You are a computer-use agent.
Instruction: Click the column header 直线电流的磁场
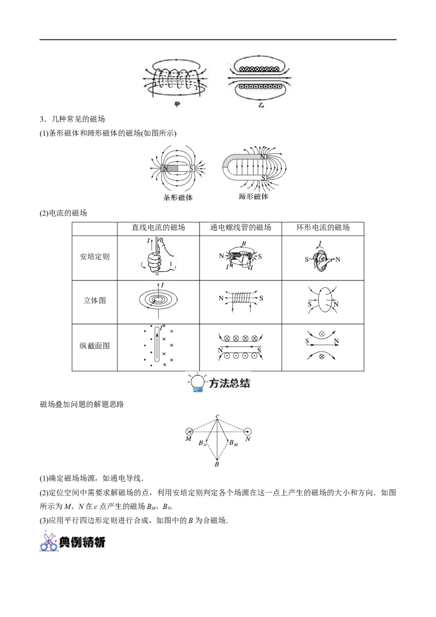pos(158,227)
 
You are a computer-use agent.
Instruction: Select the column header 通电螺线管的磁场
pos(240,227)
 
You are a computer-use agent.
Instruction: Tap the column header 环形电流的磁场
pos(323,227)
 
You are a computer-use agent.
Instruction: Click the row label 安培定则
pos(94,257)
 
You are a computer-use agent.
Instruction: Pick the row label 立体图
pos(94,301)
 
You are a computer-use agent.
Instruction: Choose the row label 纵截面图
pos(94,346)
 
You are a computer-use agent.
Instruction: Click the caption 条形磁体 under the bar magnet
pos(178,197)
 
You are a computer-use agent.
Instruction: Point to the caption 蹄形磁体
pos(254,196)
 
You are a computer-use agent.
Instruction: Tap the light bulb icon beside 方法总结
pos(197,383)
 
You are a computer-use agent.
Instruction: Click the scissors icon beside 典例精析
pos(49,541)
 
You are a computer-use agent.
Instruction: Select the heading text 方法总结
pos(229,383)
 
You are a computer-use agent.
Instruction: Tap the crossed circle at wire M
pos(189,432)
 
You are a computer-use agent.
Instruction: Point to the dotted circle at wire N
pos(247,432)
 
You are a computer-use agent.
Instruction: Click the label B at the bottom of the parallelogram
pos(217,465)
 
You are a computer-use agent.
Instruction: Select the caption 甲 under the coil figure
pos(178,105)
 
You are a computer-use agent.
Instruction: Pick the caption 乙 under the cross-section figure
pos(261,105)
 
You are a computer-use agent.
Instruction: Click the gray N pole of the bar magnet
pos(169,168)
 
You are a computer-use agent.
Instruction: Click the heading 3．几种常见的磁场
pos(72,119)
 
